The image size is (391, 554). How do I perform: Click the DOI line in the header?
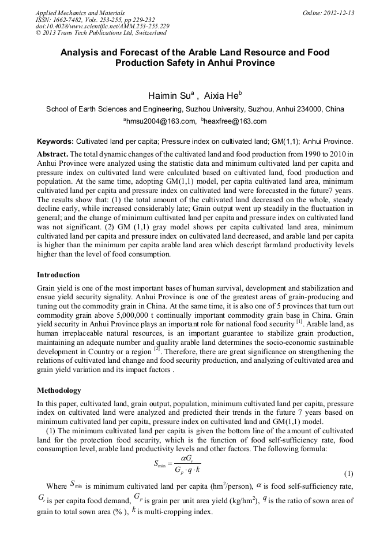pos(102,26)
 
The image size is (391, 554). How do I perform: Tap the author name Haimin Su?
pos(167,94)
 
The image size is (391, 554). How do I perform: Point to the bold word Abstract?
pos(52,154)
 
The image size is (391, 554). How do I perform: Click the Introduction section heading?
pos(58,274)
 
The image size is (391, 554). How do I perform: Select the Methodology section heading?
pos(59,391)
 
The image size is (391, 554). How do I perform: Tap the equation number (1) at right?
pos(348,474)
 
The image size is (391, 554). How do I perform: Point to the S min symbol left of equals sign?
pos(160,463)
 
